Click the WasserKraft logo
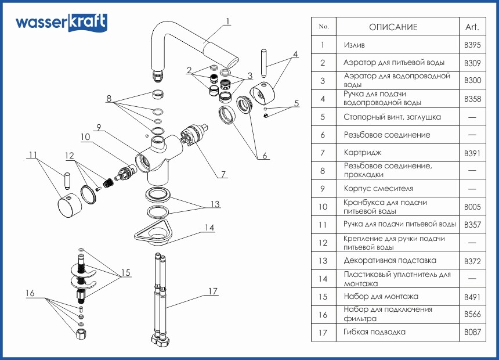point(61,23)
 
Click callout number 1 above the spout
point(228,21)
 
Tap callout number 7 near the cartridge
point(223,174)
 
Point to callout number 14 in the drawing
point(210,227)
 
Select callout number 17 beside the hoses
point(213,290)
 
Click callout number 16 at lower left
point(30,293)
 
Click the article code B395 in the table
point(472,45)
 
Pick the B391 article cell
point(472,153)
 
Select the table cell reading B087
point(472,333)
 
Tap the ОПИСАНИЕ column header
point(393,27)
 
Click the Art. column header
point(472,27)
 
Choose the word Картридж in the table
point(363,153)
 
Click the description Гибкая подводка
point(374,332)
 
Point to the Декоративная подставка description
point(389,261)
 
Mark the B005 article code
point(472,207)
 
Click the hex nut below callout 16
point(81,334)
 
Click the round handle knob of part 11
point(68,206)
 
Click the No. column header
point(324,27)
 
